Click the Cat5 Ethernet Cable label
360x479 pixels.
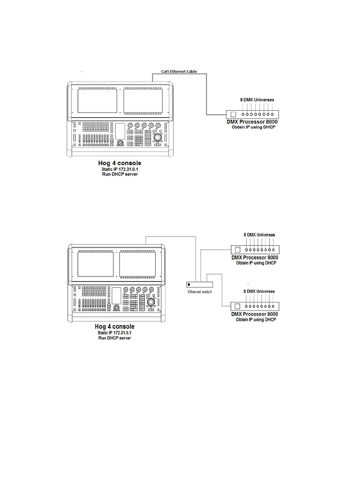click(x=179, y=72)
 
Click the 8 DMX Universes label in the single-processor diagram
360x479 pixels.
click(x=257, y=100)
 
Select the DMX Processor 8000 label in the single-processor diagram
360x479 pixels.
click(x=252, y=122)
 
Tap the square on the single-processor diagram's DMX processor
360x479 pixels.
click(x=233, y=115)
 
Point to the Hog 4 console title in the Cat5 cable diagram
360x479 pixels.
click(x=119, y=163)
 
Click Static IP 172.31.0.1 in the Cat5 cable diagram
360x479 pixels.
click(x=120, y=169)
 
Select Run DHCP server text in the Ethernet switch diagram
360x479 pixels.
click(x=115, y=338)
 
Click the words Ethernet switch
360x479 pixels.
click(x=199, y=292)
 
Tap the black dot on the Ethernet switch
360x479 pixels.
click(x=189, y=285)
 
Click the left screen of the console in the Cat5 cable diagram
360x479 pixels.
click(x=97, y=101)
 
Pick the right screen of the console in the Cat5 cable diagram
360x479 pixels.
click(x=143, y=101)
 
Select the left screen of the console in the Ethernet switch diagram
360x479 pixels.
click(x=96, y=264)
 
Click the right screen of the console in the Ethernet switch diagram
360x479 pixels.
click(x=137, y=264)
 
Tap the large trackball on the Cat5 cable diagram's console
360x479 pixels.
click(x=158, y=138)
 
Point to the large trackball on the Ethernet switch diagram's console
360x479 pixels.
click(x=151, y=302)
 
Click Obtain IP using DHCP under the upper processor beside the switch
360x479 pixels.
click(x=256, y=263)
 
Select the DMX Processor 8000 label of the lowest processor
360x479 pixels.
click(x=254, y=314)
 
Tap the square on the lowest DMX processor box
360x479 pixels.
click(x=237, y=306)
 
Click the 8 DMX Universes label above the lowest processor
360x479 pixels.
click(x=259, y=292)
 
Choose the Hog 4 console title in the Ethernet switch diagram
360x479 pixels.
click(x=114, y=327)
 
